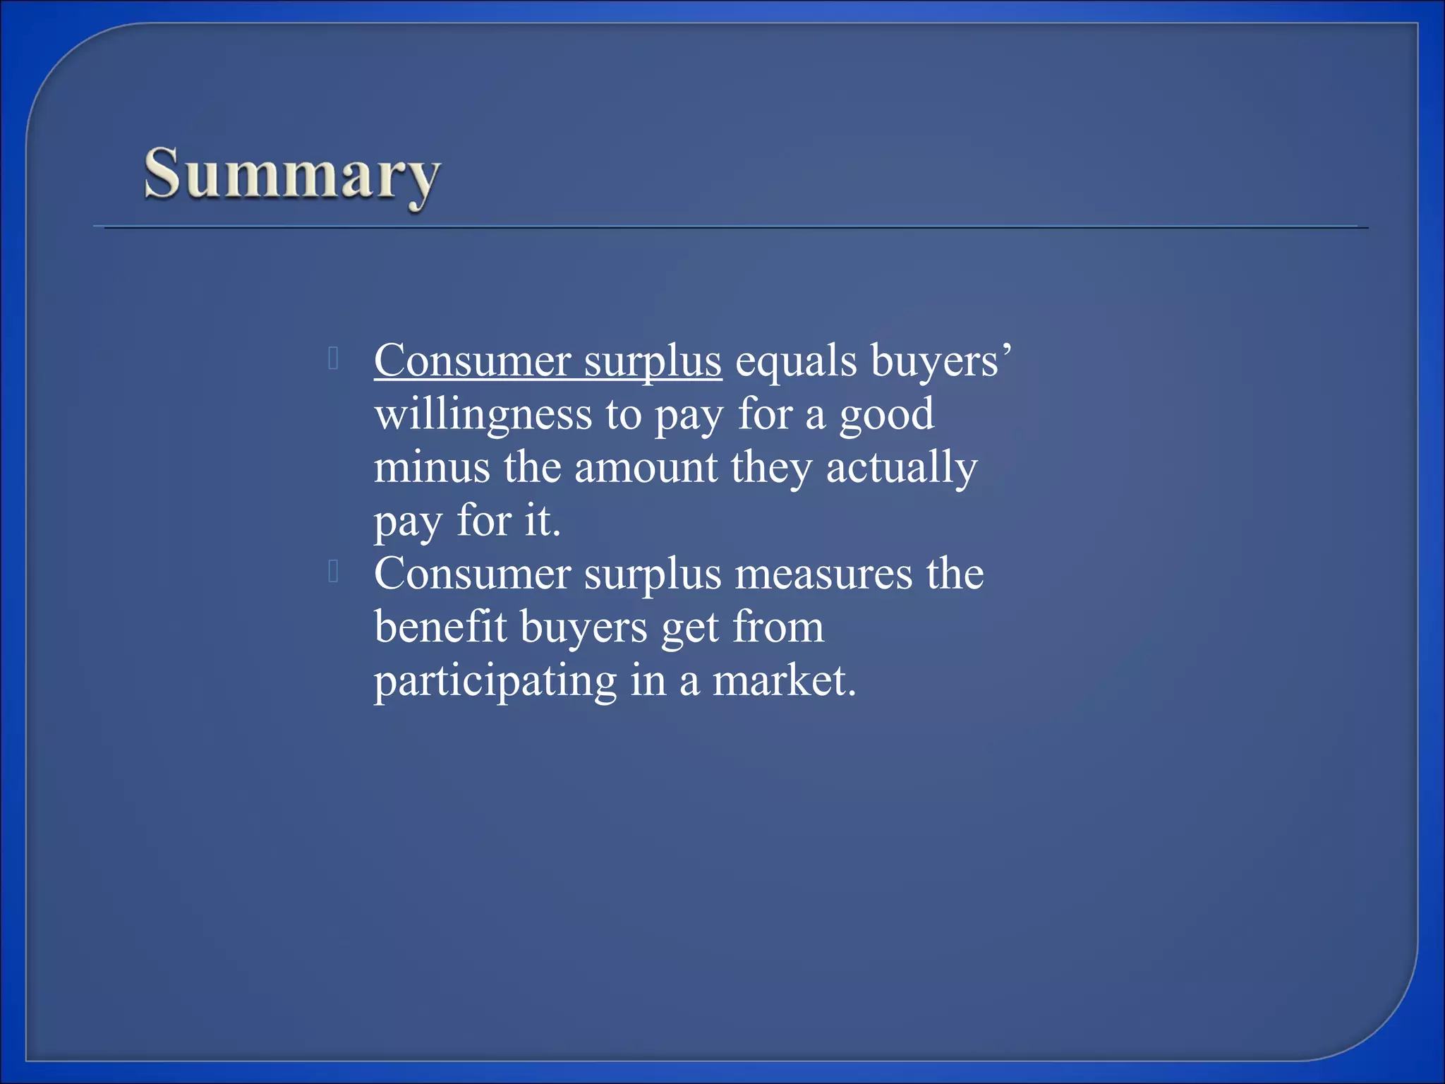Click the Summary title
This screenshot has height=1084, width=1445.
pyautogui.click(x=292, y=174)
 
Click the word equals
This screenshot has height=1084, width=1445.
pyautogui.click(x=796, y=361)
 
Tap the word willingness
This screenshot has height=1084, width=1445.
pyautogui.click(x=483, y=414)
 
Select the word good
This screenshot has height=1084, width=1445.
pyautogui.click(x=886, y=414)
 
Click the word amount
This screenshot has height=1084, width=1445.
pyautogui.click(x=646, y=467)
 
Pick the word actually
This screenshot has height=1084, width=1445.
pyautogui.click(x=902, y=467)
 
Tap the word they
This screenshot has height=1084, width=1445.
pyautogui.click(x=771, y=467)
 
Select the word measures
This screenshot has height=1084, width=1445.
pyautogui.click(x=823, y=574)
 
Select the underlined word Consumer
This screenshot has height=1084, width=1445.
pyautogui.click(x=472, y=361)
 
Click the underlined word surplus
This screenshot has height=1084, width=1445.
pyautogui.click(x=653, y=362)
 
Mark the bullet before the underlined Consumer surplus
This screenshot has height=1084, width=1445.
pyautogui.click(x=334, y=359)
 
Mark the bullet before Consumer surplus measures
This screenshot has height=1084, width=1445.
pyautogui.click(x=334, y=572)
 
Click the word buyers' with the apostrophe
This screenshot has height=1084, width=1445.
pyautogui.click(x=941, y=361)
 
